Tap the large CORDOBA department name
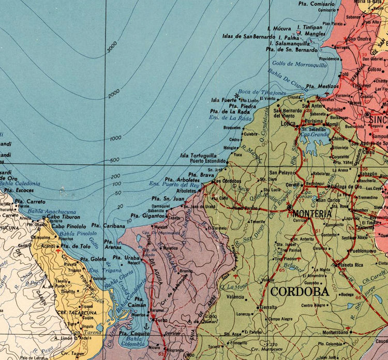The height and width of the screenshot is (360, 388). pyautogui.click(x=300, y=291)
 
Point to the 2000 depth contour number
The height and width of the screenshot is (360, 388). pyautogui.click(x=113, y=96)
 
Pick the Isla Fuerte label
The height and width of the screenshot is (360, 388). pyautogui.click(x=222, y=100)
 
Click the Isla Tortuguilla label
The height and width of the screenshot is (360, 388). pyautogui.click(x=198, y=155)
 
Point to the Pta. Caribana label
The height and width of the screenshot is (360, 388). pyautogui.click(x=108, y=226)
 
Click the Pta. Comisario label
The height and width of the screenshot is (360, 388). pyautogui.click(x=316, y=4)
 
